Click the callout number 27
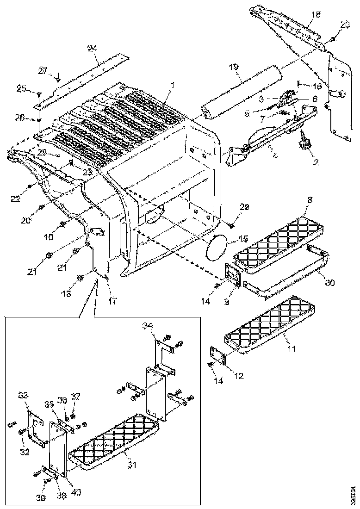point(43,71)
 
